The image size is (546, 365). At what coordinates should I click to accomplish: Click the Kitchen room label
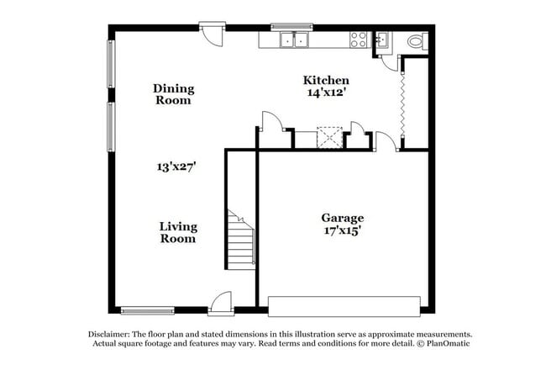(x=326, y=80)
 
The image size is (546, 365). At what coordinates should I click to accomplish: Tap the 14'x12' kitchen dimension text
(x=326, y=93)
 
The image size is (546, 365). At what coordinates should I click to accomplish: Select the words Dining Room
(x=173, y=93)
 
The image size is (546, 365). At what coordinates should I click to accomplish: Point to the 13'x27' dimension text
(x=176, y=167)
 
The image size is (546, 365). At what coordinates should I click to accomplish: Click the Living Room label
(x=178, y=232)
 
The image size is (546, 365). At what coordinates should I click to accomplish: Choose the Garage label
(x=343, y=218)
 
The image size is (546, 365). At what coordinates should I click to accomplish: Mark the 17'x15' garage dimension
(x=343, y=230)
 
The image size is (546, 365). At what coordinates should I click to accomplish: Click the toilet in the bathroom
(x=416, y=41)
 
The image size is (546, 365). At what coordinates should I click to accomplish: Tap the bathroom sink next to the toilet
(x=381, y=40)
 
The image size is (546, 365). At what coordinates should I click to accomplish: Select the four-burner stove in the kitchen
(x=359, y=39)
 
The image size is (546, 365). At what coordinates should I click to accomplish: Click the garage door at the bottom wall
(x=343, y=306)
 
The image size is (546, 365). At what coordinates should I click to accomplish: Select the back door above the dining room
(x=213, y=35)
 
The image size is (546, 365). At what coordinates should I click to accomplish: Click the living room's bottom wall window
(x=148, y=310)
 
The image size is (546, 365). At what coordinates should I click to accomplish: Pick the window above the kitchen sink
(x=291, y=26)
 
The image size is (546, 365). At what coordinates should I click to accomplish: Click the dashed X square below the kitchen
(x=328, y=138)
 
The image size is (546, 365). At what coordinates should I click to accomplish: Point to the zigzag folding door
(x=403, y=105)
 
